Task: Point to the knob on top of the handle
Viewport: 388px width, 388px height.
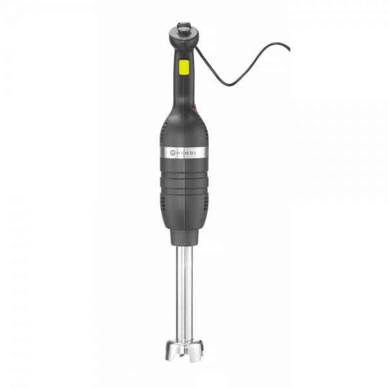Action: pos(183,29)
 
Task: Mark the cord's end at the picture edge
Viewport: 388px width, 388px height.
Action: pos(288,47)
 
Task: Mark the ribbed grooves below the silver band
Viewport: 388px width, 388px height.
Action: pos(183,173)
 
